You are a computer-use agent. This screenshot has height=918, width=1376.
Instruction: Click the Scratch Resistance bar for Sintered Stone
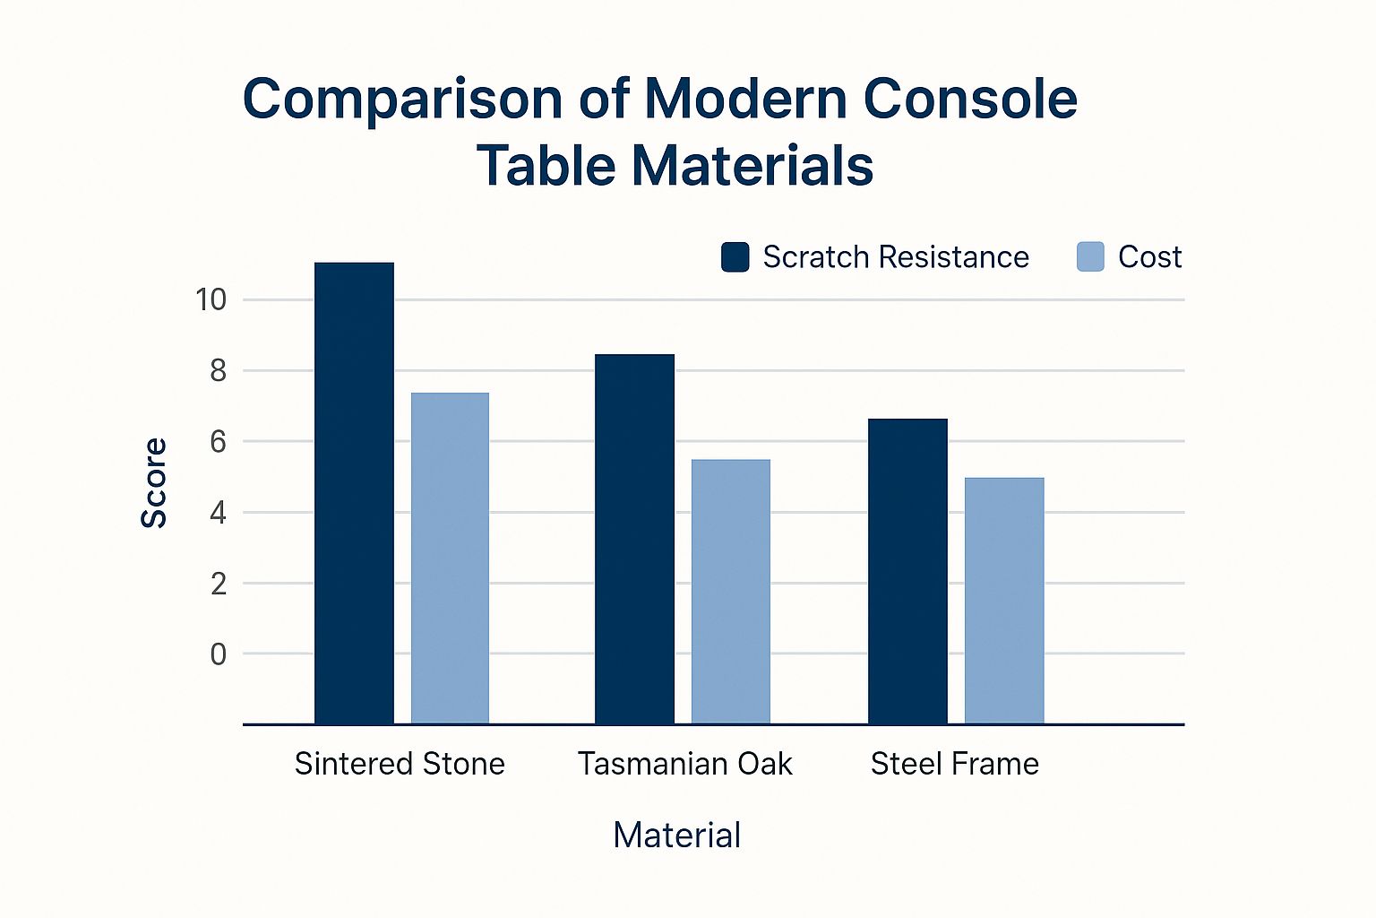pyautogui.click(x=354, y=493)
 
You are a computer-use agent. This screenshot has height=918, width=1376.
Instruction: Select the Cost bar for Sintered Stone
pyautogui.click(x=450, y=558)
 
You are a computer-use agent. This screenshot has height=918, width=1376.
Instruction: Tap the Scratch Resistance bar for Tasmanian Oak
pyautogui.click(x=634, y=539)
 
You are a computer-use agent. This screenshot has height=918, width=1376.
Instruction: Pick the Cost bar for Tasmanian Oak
pyautogui.click(x=730, y=592)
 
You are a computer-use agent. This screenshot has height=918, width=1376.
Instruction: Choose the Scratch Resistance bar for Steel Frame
pyautogui.click(x=907, y=571)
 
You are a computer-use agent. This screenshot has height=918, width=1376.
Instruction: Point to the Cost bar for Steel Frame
pyautogui.click(x=1004, y=601)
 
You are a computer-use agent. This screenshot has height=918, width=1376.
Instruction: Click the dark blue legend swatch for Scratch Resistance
pyautogui.click(x=735, y=257)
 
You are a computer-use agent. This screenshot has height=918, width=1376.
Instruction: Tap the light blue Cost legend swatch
pyautogui.click(x=1090, y=257)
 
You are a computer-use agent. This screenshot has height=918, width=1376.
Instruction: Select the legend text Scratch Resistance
pyautogui.click(x=896, y=257)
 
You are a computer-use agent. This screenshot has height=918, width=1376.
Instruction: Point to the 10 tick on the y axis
pyautogui.click(x=211, y=299)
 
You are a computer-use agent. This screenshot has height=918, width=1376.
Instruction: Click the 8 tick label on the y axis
pyautogui.click(x=218, y=370)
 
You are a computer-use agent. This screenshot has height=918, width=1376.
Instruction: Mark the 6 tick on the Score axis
pyautogui.click(x=218, y=441)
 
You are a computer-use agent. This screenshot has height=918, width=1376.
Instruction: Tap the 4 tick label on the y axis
pyautogui.click(x=218, y=513)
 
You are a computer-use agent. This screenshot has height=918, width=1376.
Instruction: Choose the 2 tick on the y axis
pyautogui.click(x=218, y=584)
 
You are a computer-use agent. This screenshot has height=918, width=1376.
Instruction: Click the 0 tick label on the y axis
pyautogui.click(x=218, y=654)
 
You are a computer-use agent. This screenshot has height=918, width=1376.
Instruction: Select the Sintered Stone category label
pyautogui.click(x=400, y=764)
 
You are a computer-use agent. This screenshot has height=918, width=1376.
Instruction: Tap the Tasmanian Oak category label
pyautogui.click(x=685, y=764)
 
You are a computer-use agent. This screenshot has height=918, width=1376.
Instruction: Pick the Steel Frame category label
pyautogui.click(x=955, y=764)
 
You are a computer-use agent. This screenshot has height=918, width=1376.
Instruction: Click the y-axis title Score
pyautogui.click(x=154, y=483)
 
